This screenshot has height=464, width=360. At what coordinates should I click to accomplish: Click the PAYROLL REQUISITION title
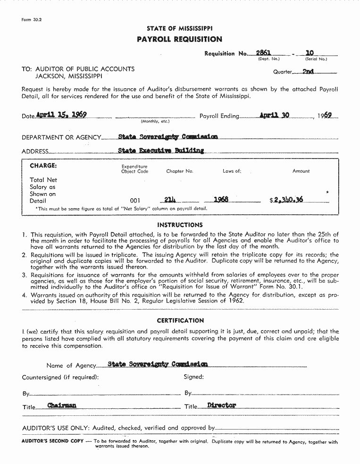point(179,39)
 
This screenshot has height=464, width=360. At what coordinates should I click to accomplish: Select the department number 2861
point(263,53)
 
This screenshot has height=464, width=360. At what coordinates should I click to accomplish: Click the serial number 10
point(310,53)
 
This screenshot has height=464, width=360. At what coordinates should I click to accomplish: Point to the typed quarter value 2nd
point(308,72)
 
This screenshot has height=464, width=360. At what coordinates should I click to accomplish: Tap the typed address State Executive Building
point(161,151)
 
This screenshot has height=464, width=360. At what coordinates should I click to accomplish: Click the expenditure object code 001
point(135,200)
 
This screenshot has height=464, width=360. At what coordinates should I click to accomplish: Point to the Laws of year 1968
point(221,200)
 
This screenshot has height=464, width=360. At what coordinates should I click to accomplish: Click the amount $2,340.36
point(286,200)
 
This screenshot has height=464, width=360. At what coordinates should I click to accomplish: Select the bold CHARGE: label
point(43,166)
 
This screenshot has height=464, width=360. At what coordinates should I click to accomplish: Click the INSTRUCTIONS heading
point(180,225)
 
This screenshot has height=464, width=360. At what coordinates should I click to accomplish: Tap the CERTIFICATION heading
point(180,321)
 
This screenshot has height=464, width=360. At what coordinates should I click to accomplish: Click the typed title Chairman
point(62,405)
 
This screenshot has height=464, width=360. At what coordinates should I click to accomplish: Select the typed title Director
point(221,405)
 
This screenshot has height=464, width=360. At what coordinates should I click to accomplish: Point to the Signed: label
point(193,377)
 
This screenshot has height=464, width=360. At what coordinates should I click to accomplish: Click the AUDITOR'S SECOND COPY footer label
point(52,441)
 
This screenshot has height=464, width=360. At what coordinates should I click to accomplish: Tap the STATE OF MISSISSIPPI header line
point(179,28)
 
